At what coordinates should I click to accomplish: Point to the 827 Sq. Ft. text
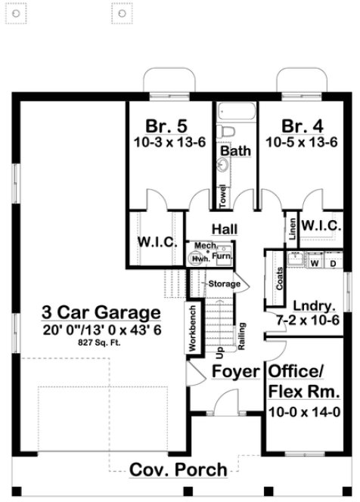click(x=101, y=342)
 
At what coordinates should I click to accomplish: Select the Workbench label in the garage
click(x=192, y=327)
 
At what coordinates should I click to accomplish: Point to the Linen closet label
click(x=292, y=228)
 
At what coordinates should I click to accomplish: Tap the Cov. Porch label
click(x=178, y=469)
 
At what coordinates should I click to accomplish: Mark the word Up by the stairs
click(x=219, y=352)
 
